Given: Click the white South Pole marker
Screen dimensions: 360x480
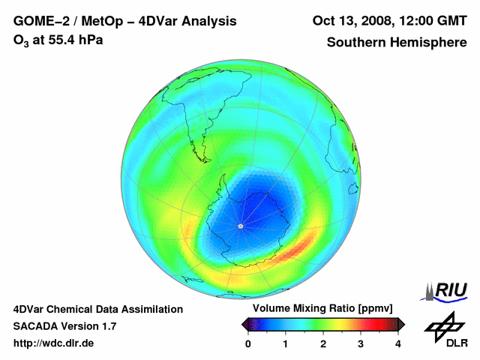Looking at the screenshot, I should pyautogui.click(x=240, y=226).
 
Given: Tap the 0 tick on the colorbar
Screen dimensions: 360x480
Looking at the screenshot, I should pyautogui.click(x=248, y=343).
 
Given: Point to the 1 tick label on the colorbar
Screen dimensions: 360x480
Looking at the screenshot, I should pyautogui.click(x=286, y=343).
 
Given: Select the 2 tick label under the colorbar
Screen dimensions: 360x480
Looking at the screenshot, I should pyautogui.click(x=323, y=343).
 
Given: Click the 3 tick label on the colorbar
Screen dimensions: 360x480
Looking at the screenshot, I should pyautogui.click(x=361, y=343).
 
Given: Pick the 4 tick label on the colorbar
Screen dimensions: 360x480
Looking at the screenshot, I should pyautogui.click(x=398, y=343).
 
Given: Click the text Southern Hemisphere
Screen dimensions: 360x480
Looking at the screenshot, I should pyautogui.click(x=397, y=43).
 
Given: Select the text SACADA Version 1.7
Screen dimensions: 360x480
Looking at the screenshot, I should pyautogui.click(x=64, y=326).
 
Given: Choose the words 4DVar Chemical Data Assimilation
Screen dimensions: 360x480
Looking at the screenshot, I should pyautogui.click(x=97, y=309).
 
